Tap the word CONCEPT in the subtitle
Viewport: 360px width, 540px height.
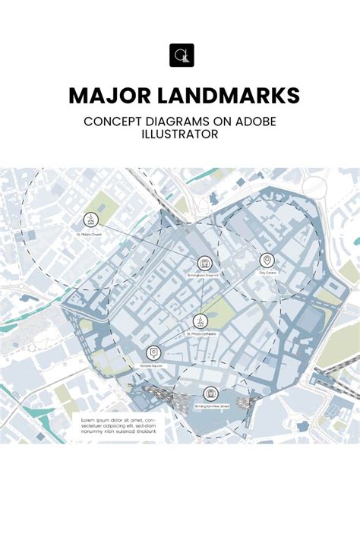point(113,121)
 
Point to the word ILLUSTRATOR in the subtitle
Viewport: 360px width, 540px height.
point(180,135)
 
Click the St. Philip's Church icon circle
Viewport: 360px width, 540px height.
point(90,220)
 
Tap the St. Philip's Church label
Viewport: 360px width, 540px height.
point(90,235)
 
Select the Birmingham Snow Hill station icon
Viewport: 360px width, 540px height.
point(204,262)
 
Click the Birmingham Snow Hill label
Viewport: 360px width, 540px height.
point(203,276)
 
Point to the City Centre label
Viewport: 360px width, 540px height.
point(267,273)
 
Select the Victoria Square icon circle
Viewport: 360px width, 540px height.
point(154,352)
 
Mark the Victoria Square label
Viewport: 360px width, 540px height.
point(154,366)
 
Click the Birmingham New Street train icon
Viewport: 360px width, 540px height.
point(211,393)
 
